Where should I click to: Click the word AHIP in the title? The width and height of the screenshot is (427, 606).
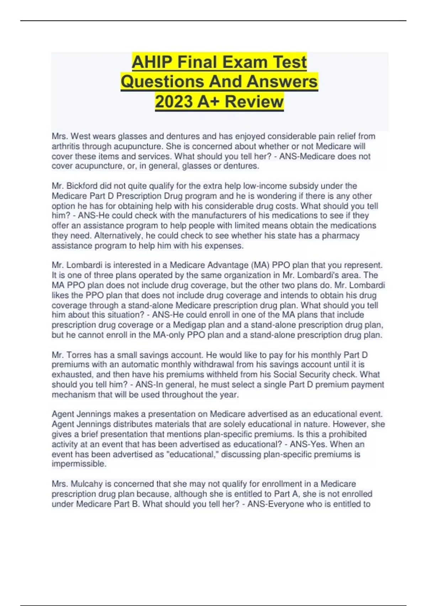(x=151, y=62)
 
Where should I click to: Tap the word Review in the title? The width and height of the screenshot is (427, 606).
(x=254, y=102)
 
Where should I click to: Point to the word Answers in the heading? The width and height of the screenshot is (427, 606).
(x=282, y=81)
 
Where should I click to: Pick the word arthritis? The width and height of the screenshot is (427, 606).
(x=66, y=147)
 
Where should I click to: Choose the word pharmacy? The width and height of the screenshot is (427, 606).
(x=341, y=236)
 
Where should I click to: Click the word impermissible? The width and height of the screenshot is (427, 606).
(x=79, y=464)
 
